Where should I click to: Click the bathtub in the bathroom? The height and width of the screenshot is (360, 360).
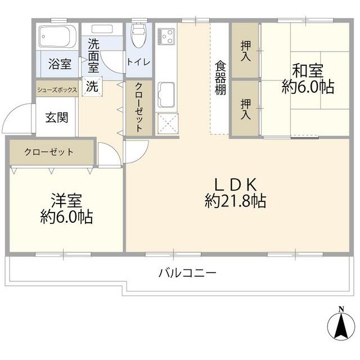57,37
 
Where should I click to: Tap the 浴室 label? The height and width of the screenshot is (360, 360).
58,64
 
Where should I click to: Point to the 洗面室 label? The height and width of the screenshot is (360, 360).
93,55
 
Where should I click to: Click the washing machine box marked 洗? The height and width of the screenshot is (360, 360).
91,87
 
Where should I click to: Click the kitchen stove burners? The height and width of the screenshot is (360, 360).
167,38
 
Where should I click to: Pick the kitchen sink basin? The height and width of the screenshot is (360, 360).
167,94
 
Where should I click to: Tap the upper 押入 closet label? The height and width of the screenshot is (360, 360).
246,51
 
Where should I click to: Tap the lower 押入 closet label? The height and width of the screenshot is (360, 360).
246,108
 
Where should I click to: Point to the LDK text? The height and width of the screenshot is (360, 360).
236,184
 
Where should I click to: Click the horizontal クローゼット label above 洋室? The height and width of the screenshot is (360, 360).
49,152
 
